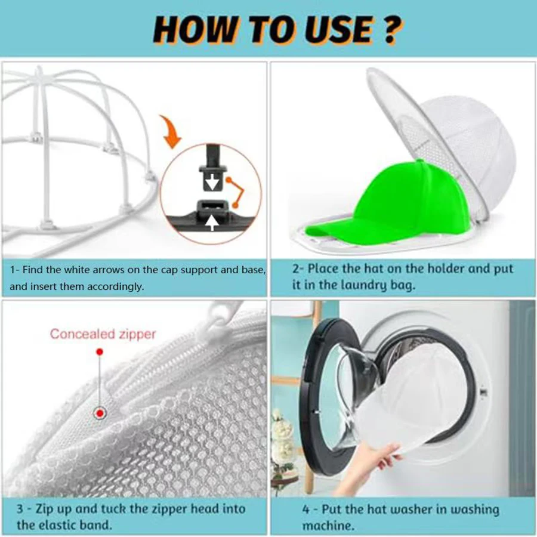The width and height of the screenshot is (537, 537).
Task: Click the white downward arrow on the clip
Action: click(x=210, y=180)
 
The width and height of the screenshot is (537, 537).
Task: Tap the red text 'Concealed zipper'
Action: click(x=103, y=334)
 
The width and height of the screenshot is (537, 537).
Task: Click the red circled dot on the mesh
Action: click(x=99, y=413)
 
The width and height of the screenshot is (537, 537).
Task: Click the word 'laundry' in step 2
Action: click(x=371, y=286)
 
